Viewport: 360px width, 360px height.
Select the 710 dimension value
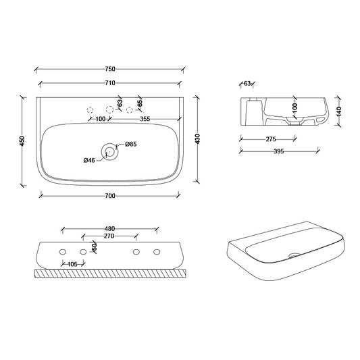(x=110, y=83)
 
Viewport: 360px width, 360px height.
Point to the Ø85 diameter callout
(x=131, y=144)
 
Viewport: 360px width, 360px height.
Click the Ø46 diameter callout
(x=89, y=160)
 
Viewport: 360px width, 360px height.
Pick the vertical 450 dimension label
(x=22, y=140)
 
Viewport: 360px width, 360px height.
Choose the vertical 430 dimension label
(x=198, y=138)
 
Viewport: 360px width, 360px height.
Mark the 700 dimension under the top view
(x=110, y=196)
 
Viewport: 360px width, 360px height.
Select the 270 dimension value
(x=109, y=237)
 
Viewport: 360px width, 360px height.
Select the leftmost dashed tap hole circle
(x=89, y=109)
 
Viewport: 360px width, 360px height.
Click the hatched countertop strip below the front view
(x=109, y=274)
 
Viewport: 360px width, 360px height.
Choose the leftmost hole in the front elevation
(x=63, y=252)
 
